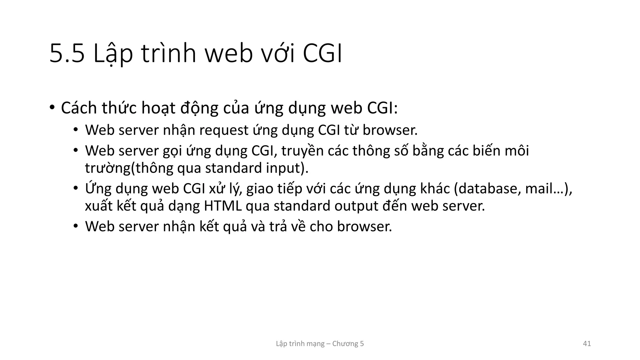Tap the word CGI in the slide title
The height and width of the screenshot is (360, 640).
pos(322,54)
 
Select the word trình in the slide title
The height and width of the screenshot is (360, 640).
pos(169,54)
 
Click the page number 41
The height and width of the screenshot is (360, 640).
pos(587,344)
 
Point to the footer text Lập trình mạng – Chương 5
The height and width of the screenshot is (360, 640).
pos(320,344)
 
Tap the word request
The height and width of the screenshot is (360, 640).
pos(224,130)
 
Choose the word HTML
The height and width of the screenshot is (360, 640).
pos(223,206)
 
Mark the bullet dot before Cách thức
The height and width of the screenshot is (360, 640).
pos(52,107)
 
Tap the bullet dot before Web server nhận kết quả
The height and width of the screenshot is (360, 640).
pos(75,226)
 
